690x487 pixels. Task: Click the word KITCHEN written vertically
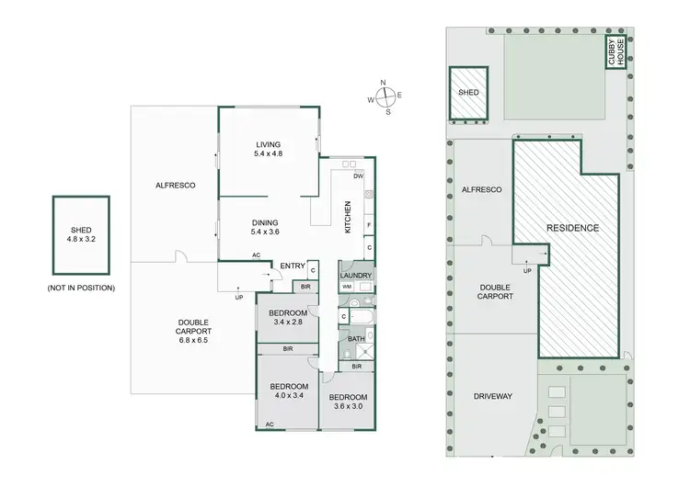[348, 217]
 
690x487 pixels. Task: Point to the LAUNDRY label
[355, 275]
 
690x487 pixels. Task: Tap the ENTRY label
[293, 266]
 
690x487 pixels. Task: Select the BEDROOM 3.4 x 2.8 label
[286, 318]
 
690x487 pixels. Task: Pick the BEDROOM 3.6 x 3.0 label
[347, 402]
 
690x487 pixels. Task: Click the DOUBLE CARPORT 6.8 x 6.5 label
[194, 332]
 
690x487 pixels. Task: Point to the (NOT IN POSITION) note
[81, 289]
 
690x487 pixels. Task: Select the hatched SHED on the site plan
[468, 93]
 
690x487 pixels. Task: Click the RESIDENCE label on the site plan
[573, 227]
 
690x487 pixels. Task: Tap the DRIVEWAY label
[493, 396]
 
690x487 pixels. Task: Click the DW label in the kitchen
[359, 176]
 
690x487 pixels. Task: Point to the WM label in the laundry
[347, 288]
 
